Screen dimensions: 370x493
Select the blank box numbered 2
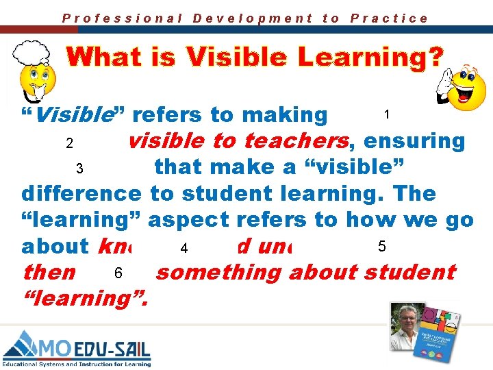point(69,144)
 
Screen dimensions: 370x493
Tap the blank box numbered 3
point(80,169)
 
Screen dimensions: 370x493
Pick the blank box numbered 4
point(184,247)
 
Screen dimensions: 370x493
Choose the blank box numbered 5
point(382,246)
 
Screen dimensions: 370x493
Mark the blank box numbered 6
point(118,273)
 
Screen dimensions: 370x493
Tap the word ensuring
point(415,141)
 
